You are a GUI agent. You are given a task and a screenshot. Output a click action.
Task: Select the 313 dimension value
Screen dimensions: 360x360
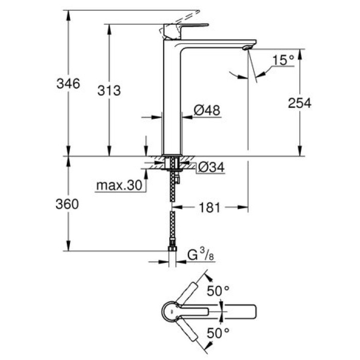tap(109, 91)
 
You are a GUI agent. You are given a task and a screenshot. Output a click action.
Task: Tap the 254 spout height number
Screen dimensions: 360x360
tap(299, 103)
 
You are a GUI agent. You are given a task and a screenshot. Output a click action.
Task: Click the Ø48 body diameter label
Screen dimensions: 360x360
tap(207, 110)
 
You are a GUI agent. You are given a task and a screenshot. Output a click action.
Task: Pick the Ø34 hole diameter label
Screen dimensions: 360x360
tap(211, 167)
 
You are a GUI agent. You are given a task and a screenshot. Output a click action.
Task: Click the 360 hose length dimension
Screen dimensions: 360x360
tap(67, 204)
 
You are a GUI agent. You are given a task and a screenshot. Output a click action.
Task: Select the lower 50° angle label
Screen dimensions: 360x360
tap(219, 333)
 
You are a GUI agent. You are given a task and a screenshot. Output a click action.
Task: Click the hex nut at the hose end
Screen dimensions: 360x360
tap(172, 250)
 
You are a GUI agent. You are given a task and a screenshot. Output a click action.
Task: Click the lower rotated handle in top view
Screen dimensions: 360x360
tap(193, 336)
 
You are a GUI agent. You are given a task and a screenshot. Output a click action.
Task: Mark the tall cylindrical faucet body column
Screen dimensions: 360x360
tap(172, 103)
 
